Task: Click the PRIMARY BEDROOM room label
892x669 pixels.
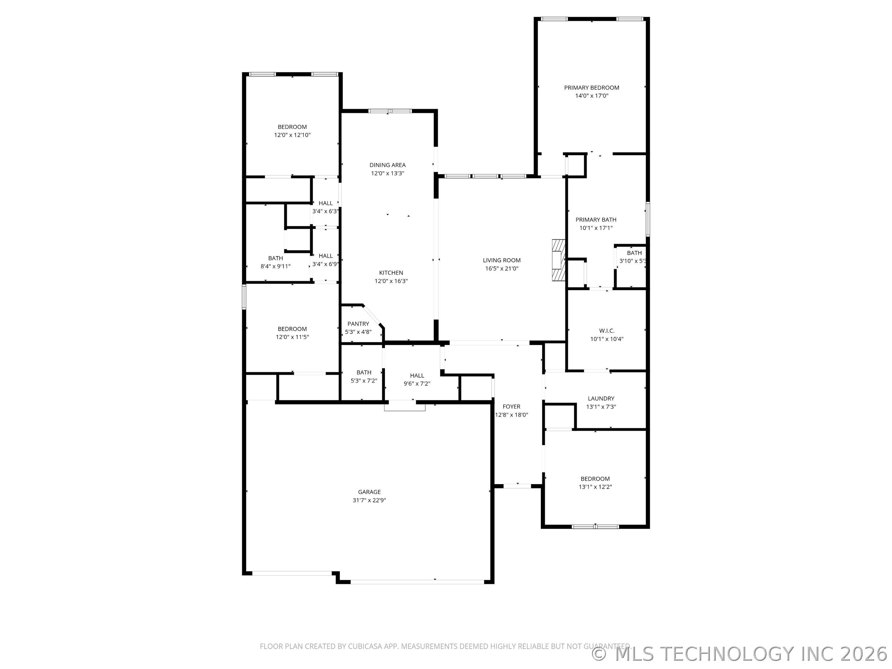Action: coord(592,88)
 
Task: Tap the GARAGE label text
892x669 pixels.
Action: coord(369,492)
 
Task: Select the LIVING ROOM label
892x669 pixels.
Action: coord(502,260)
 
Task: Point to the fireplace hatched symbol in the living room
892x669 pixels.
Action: coord(558,260)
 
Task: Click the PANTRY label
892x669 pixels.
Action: coord(358,324)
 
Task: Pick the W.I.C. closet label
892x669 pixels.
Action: coord(607,331)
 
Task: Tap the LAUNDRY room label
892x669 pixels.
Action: coord(601,398)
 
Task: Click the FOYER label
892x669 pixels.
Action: coord(511,406)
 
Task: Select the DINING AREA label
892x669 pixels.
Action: coord(387,165)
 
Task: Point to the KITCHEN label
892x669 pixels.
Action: coord(391,273)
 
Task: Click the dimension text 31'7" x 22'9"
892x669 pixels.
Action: coord(369,500)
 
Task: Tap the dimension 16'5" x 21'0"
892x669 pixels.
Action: coord(502,269)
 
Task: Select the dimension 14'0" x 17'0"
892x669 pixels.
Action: coord(592,96)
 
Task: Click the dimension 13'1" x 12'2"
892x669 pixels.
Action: coord(595,487)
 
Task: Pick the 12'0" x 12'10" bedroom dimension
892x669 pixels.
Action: coord(292,135)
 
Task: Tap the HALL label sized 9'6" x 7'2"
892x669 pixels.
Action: coord(417,375)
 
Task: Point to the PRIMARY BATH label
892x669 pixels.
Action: coord(596,220)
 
